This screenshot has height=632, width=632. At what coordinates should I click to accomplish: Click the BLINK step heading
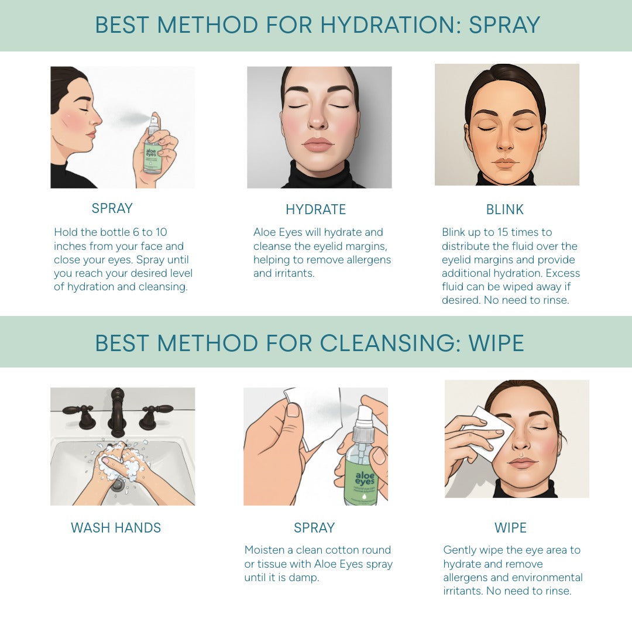[504, 209]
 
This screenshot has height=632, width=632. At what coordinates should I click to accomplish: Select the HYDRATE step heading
[315, 209]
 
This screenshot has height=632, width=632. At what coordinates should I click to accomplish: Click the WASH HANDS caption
[116, 528]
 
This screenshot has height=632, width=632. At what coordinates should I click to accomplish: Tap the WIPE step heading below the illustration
[510, 528]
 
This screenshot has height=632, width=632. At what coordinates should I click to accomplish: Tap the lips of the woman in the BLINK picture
[505, 164]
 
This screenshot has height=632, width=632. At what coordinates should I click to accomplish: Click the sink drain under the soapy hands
[118, 484]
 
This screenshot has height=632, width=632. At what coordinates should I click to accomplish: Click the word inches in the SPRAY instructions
[70, 246]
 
